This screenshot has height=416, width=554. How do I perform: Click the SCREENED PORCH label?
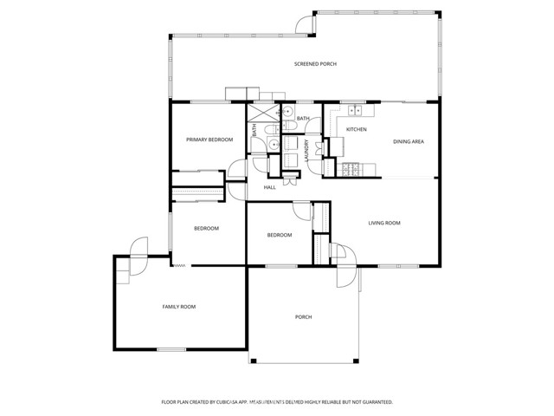click(315, 64)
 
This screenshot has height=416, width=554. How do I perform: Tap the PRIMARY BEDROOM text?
click(209, 140)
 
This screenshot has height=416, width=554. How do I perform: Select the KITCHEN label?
click(356, 129)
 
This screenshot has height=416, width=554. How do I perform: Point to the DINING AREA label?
click(409, 141)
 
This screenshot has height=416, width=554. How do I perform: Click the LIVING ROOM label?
click(384, 223)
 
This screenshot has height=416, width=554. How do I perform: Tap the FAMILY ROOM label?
click(179, 307)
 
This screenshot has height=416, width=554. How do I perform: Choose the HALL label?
click(269, 187)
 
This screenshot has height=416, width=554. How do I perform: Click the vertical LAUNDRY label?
click(306, 150)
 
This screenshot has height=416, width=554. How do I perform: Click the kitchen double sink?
click(356, 110)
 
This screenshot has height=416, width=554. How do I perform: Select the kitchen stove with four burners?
click(350, 169)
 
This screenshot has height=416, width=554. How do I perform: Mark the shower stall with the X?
click(263, 114)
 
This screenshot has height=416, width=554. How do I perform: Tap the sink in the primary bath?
click(274, 144)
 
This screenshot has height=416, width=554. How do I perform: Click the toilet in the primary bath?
click(273, 129)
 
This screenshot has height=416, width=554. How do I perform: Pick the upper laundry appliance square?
click(291, 143)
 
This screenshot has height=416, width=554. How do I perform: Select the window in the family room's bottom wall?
click(171, 349)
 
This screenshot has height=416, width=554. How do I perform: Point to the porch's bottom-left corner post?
click(253, 361)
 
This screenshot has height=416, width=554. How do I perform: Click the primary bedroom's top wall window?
click(210, 102)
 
